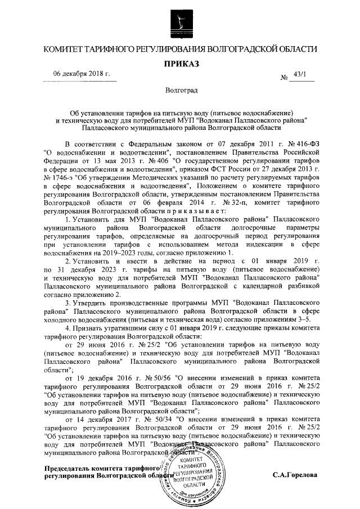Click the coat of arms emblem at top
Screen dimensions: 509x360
tap(179, 20)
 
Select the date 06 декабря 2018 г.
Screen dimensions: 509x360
tap(81, 75)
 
